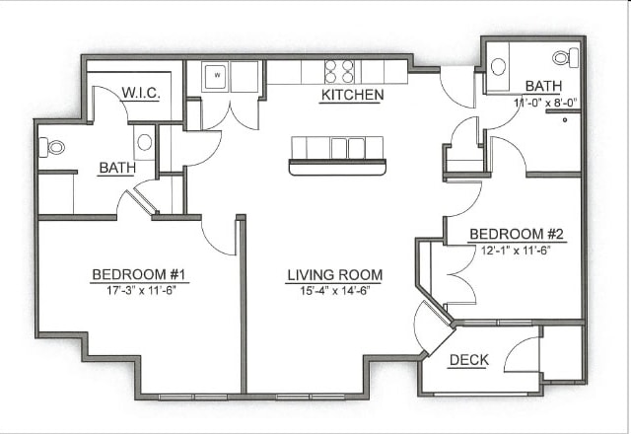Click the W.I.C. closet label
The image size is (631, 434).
(141, 94)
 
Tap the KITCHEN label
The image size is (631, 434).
(353, 95)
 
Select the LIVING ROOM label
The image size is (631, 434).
(335, 275)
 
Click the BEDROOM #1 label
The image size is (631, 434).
(139, 274)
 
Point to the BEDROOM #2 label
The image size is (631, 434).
(517, 234)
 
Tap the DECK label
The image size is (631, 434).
(469, 360)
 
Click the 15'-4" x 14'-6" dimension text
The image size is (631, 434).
(335, 291)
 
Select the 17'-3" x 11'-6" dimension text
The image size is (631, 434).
(142, 290)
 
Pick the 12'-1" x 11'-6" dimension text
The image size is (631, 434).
(516, 251)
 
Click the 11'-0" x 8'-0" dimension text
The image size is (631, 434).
(545, 103)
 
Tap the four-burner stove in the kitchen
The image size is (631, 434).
(339, 71)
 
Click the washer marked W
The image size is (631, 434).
(217, 75)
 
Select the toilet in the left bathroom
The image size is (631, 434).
(51, 147)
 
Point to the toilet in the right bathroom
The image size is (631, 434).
(566, 57)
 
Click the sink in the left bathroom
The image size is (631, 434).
(145, 142)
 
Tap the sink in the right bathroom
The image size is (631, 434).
(499, 67)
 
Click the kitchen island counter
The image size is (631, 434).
(337, 156)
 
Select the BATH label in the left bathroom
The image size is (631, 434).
(117, 168)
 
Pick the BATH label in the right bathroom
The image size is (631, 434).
(543, 86)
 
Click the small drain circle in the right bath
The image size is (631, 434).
(565, 119)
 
